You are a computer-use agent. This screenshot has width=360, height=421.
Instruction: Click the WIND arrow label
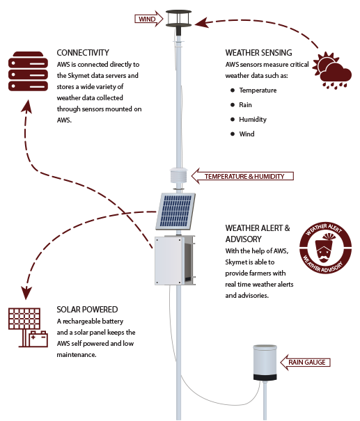(148, 19)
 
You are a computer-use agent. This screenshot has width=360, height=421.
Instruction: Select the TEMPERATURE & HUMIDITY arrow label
(242, 176)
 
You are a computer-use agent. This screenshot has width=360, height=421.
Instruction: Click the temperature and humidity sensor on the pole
(178, 175)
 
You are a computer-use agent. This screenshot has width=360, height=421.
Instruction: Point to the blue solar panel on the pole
(175, 212)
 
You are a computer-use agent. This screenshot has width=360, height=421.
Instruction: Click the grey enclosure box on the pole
(175, 260)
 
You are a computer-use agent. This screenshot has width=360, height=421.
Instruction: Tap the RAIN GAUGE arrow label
(305, 363)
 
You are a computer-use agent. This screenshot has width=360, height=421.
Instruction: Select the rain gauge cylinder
(265, 363)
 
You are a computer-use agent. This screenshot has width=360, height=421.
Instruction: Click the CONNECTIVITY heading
(83, 53)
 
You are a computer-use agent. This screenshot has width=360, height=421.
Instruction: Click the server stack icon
(28, 72)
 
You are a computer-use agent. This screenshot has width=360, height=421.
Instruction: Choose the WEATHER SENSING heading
(258, 53)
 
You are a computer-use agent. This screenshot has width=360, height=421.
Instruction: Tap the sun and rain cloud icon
(332, 70)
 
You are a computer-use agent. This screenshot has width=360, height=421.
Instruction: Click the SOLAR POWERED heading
(87, 310)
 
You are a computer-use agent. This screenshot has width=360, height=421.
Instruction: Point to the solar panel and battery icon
(28, 327)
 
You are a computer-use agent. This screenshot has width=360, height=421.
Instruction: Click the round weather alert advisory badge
(325, 248)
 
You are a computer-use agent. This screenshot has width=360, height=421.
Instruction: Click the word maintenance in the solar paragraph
(77, 355)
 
